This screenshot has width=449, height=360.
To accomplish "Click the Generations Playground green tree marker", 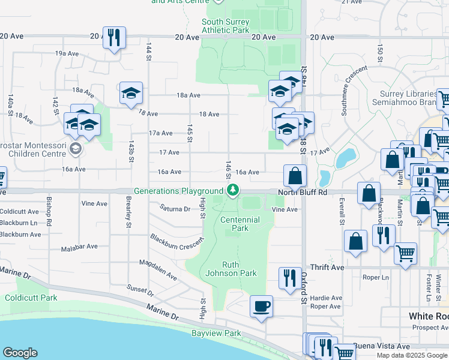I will click(x=233, y=191).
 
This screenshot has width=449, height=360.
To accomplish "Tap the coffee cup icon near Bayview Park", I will click(x=261, y=306).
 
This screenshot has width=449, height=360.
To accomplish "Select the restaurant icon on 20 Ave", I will click(x=113, y=37).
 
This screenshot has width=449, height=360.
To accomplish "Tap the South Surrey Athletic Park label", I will click(x=225, y=26).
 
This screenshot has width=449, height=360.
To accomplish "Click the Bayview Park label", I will click(x=216, y=333).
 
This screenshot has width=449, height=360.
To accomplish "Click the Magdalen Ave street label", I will click(x=158, y=270).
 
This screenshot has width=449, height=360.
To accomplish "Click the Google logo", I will click(x=20, y=353).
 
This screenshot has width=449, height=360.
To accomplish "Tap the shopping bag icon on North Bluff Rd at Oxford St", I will click(x=295, y=176).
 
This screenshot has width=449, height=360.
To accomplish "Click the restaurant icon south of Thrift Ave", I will click(x=289, y=278).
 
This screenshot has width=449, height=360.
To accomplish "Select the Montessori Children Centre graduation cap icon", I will click(x=75, y=148).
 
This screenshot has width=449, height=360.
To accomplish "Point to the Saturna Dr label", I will click(x=175, y=209).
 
